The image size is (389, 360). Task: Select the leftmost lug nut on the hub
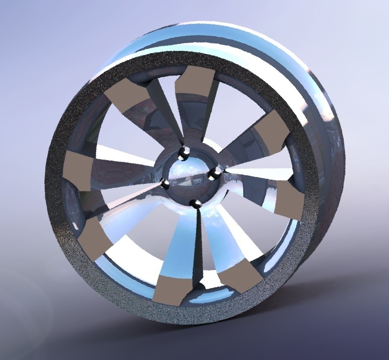tap(165, 184)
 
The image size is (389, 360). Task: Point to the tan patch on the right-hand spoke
tap(290, 198)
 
